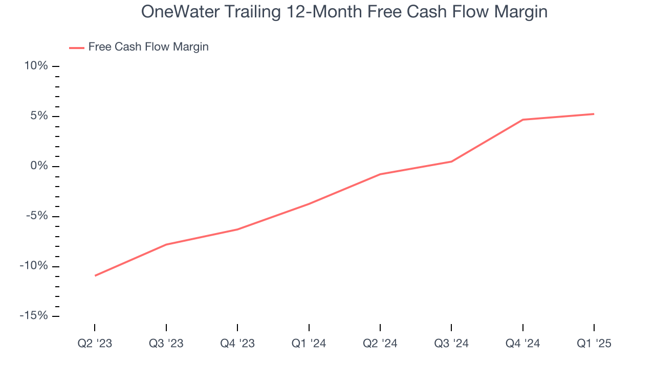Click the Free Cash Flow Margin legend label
pyautogui.click(x=148, y=47)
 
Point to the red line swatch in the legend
pyautogui.click(x=77, y=48)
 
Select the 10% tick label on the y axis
pyautogui.click(x=36, y=66)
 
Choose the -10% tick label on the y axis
pyautogui.click(x=34, y=266)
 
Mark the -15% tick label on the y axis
pyautogui.click(x=34, y=316)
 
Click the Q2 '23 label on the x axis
pyautogui.click(x=95, y=344)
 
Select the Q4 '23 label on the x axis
pyautogui.click(x=237, y=344)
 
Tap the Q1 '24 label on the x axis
pyautogui.click(x=309, y=344)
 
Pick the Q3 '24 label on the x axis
pyautogui.click(x=451, y=344)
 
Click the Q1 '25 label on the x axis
pyautogui.click(x=594, y=344)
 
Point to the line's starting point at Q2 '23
pyautogui.click(x=95, y=275)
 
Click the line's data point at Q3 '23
pyautogui.click(x=166, y=244)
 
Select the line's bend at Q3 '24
pyautogui.click(x=451, y=162)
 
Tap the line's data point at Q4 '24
pyautogui.click(x=522, y=120)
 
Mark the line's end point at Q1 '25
pyautogui.click(x=594, y=114)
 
